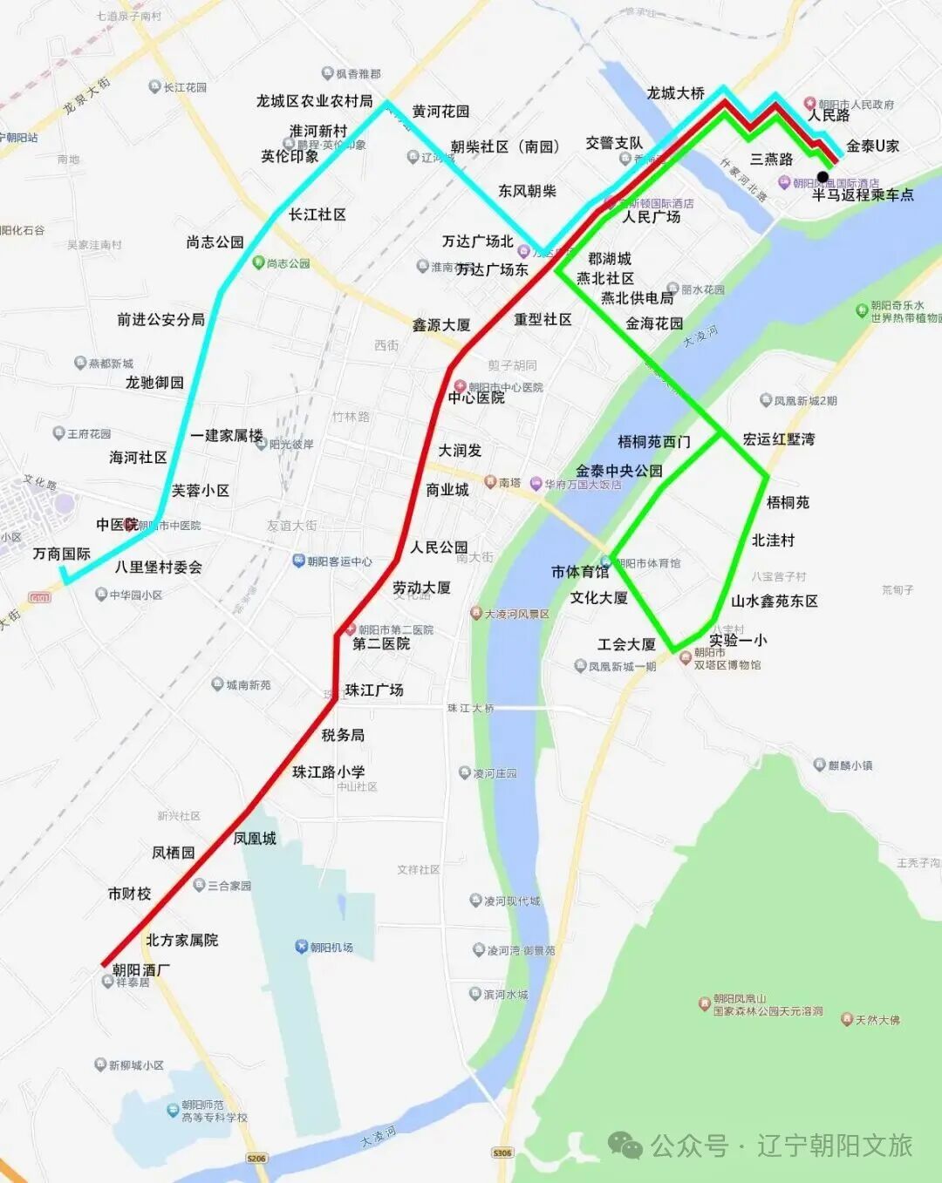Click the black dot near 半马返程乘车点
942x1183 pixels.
[x=823, y=177]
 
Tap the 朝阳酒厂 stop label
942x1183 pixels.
[x=141, y=969]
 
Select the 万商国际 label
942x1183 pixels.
[x=62, y=554]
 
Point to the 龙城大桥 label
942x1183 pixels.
[x=675, y=93]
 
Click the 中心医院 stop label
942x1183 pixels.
[x=476, y=398]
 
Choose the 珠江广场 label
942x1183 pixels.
[x=374, y=690]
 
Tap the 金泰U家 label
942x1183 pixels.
[x=872, y=146]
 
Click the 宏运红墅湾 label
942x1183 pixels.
[x=779, y=439]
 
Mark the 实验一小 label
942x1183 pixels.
[x=738, y=640]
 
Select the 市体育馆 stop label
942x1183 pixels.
[x=580, y=572]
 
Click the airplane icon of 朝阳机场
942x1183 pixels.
[x=301, y=947]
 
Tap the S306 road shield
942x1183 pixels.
[x=502, y=1152]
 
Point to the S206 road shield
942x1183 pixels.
[x=256, y=1159]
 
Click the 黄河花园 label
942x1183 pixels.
[x=440, y=112]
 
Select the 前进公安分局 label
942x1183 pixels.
[x=161, y=319]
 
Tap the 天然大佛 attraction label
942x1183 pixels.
[x=877, y=1019]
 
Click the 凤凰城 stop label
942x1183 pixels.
[x=255, y=838]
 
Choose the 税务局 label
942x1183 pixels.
[x=343, y=735]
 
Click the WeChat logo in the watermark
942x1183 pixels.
[x=625, y=1146]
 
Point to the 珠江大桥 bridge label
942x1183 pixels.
[x=471, y=708]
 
